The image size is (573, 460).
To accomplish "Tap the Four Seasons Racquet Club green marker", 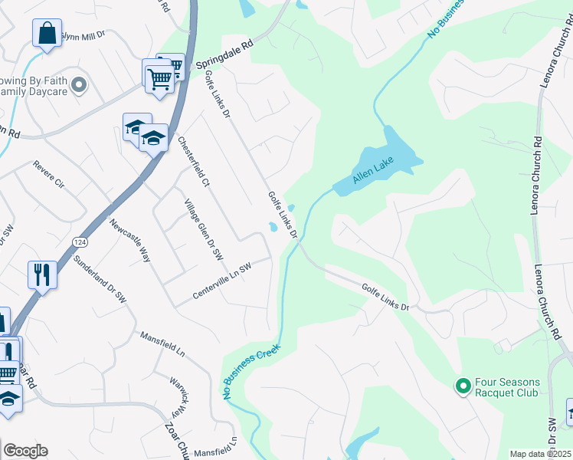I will click(463, 386).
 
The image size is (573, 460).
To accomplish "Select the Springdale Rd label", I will click(224, 57).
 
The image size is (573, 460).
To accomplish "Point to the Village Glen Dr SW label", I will click(203, 228).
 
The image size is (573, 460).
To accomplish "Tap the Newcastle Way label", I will click(129, 241).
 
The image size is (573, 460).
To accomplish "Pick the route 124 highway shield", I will click(79, 242).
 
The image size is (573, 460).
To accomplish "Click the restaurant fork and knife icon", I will click(41, 274).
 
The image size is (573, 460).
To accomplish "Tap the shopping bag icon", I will click(47, 33).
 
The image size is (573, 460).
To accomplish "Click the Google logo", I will click(25, 451).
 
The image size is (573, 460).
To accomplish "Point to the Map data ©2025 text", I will click(541, 454).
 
